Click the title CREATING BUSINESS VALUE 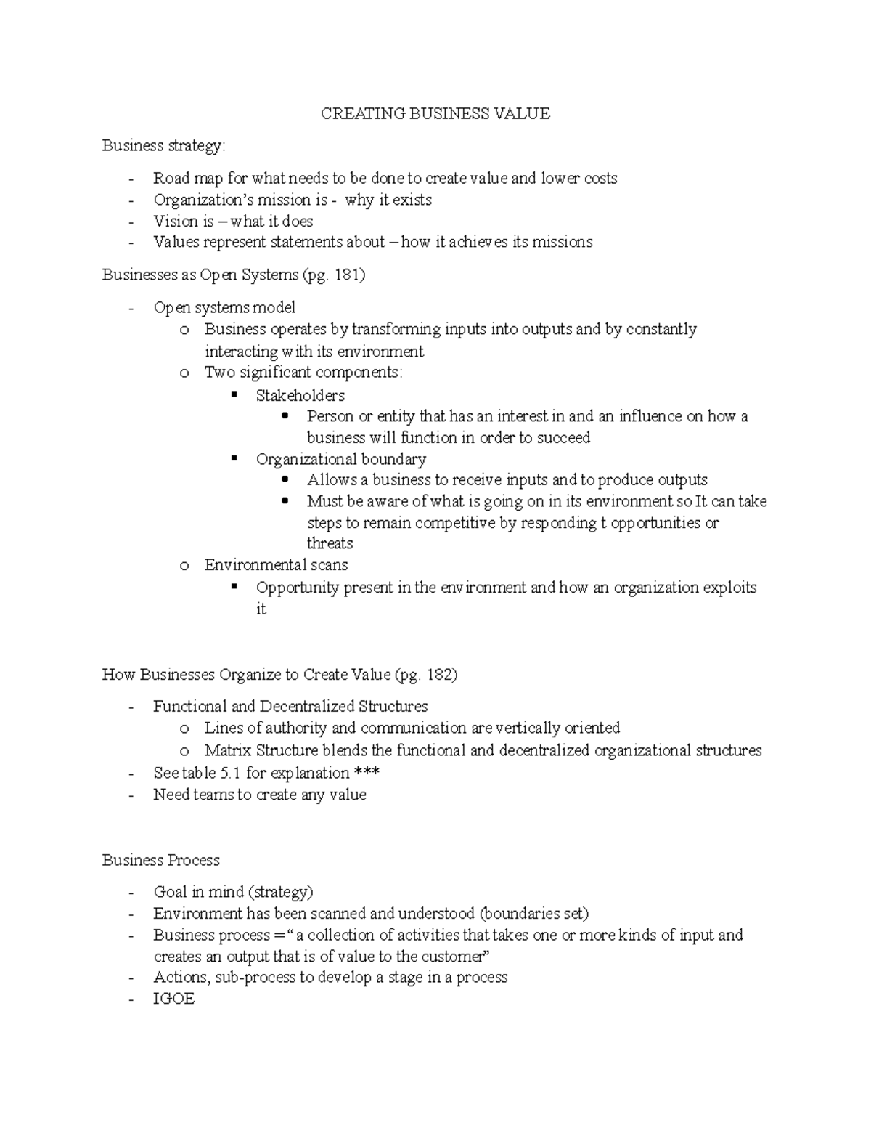[435, 113]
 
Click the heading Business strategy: [163, 146]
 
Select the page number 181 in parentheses [349, 275]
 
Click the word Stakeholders [300, 396]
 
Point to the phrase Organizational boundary [340, 460]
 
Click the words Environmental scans [276, 565]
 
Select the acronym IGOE [173, 999]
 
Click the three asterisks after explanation [367, 773]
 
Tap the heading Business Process [160, 860]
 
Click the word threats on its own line [330, 543]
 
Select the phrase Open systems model [224, 308]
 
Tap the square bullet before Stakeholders [234, 395]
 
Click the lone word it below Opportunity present [261, 609]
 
